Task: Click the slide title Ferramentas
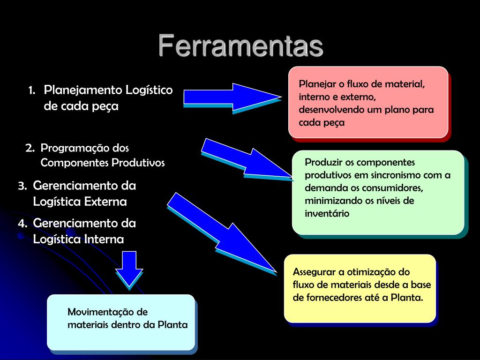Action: pyautogui.click(x=240, y=46)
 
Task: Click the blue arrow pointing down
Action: pyautogui.click(x=129, y=267)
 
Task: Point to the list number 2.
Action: pyautogui.click(x=30, y=148)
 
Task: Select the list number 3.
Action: pyautogui.click(x=22, y=186)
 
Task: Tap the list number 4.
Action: pyautogui.click(x=22, y=224)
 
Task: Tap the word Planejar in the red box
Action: pyautogui.click(x=315, y=84)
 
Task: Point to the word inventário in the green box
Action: pyautogui.click(x=327, y=214)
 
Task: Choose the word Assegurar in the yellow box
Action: pyautogui.click(x=314, y=272)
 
